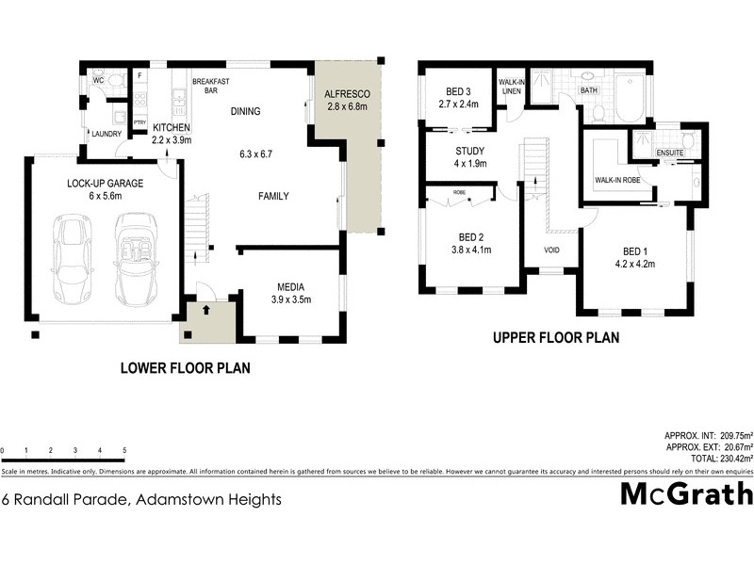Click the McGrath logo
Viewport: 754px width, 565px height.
[x=686, y=493]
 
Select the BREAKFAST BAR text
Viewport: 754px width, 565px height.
[x=211, y=87]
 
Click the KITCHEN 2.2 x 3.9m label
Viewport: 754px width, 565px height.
[x=172, y=134]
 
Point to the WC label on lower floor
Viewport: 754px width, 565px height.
[x=97, y=81]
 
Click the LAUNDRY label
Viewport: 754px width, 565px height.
[x=106, y=134]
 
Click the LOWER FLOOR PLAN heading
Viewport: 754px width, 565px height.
[x=185, y=368]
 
